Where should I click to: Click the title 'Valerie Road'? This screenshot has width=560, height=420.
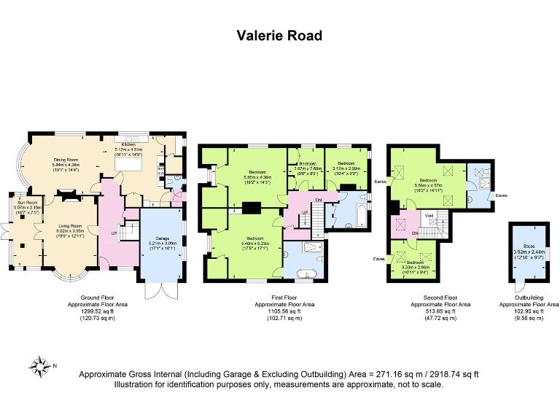pos(279,35)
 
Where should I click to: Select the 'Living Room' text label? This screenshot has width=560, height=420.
pos(71,227)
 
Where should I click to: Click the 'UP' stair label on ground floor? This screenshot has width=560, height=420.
pos(114,233)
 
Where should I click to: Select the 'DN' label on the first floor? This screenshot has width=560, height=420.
pos(319,199)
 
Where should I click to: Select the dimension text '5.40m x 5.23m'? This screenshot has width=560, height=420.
pos(254,244)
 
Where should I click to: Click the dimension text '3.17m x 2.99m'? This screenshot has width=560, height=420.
pos(346,168)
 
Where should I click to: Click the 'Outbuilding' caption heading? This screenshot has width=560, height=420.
pos(531,298)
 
